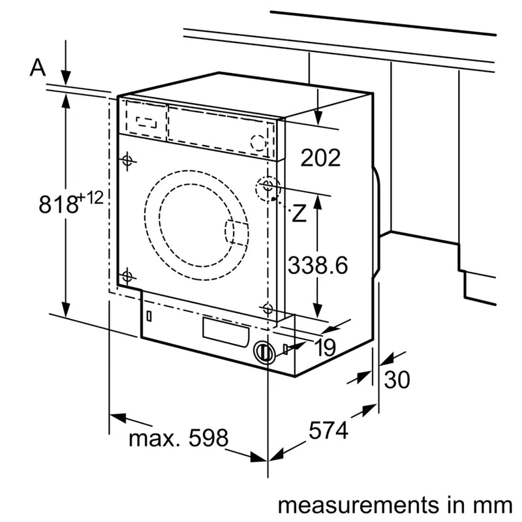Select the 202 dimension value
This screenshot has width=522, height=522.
320,158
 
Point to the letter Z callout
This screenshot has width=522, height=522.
299,213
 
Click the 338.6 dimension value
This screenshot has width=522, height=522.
318,266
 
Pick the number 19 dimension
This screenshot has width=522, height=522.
324,348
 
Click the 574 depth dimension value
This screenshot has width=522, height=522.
328,431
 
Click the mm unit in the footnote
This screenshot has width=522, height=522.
493,505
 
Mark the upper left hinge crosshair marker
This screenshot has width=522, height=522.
127,160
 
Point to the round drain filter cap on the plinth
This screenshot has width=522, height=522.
264,352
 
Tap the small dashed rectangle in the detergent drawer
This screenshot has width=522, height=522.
147,121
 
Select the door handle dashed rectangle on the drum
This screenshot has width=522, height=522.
237,232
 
